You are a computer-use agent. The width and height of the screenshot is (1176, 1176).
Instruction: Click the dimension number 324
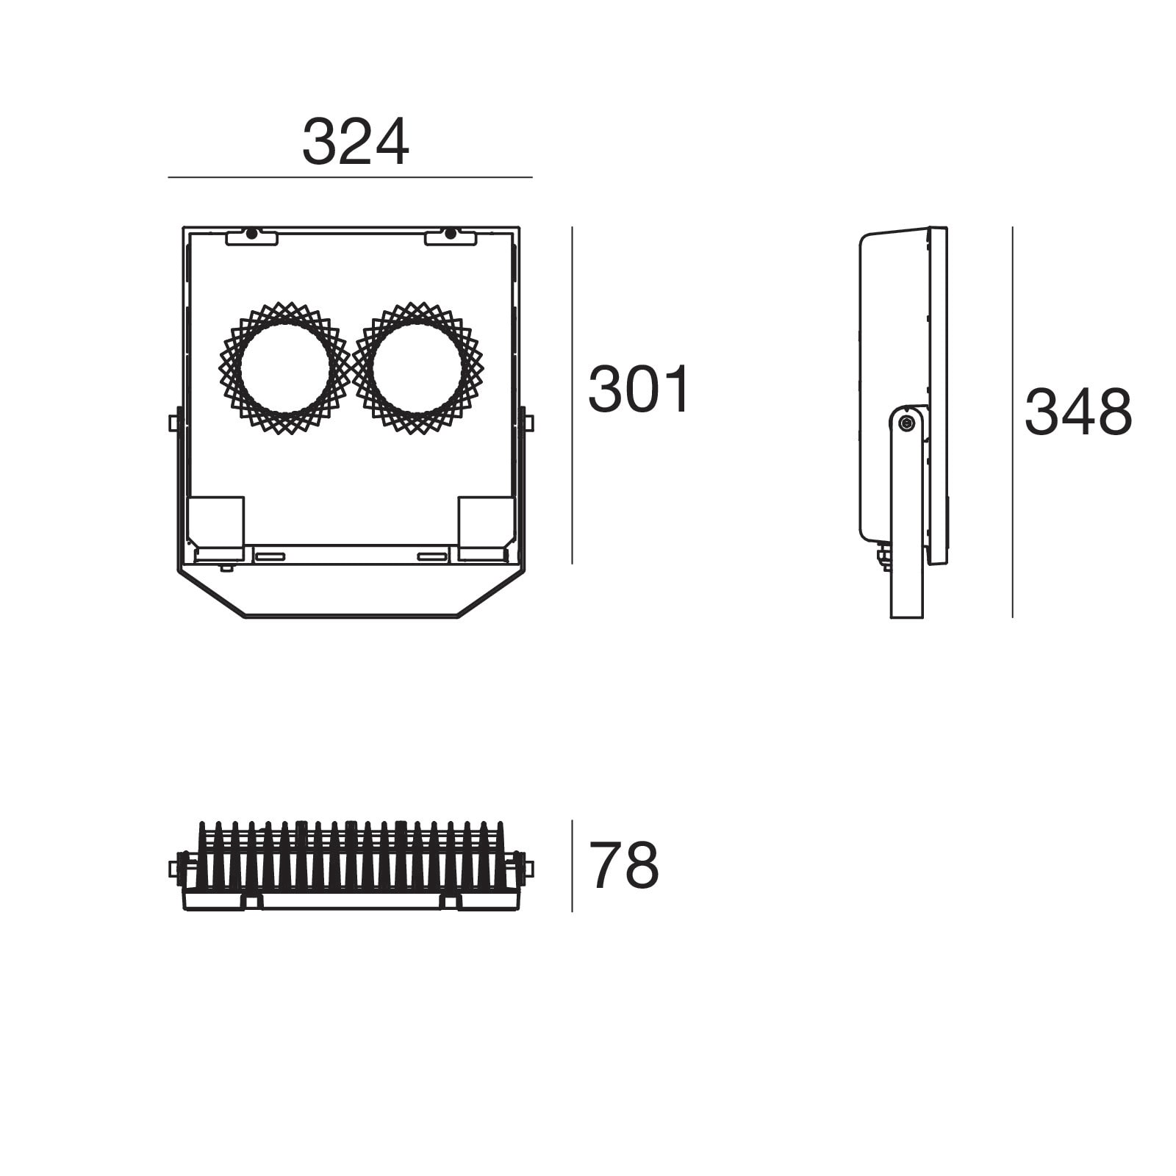[x=355, y=143]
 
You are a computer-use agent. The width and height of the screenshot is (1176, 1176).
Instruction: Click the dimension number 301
[x=639, y=390]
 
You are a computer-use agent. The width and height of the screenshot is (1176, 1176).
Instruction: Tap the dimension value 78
[x=624, y=866]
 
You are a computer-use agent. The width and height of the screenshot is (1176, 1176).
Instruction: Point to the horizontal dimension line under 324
[x=350, y=177]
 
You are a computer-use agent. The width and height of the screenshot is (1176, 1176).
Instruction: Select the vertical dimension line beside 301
[x=573, y=395]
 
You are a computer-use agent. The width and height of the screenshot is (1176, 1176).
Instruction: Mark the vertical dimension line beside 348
[x=1012, y=422]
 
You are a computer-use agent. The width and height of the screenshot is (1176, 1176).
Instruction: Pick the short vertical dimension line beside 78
[x=573, y=866]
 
